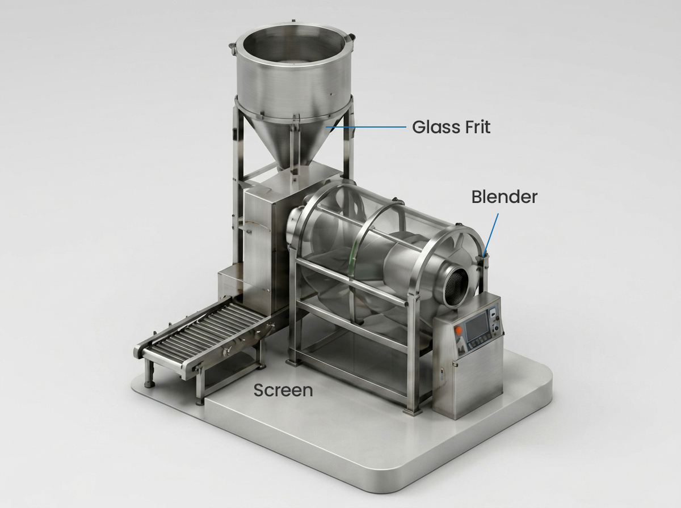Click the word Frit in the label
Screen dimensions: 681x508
click(x=477, y=127)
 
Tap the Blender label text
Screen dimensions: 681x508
click(x=505, y=197)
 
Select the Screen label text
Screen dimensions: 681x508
click(x=283, y=390)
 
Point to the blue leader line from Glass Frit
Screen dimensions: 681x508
click(x=366, y=127)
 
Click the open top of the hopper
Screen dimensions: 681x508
click(x=293, y=44)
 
